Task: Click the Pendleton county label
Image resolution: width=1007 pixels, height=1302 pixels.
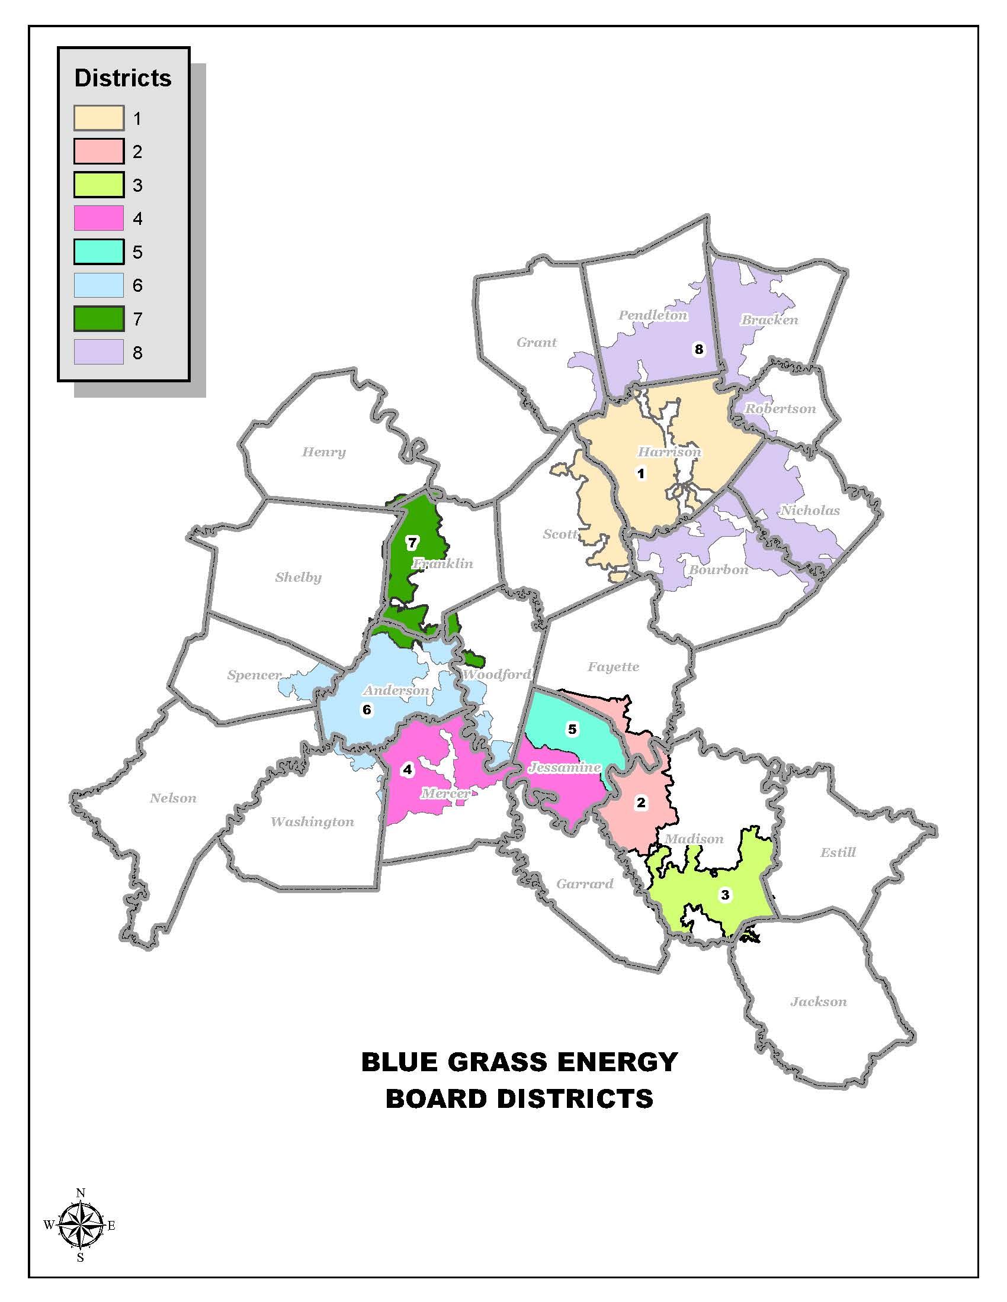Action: [653, 315]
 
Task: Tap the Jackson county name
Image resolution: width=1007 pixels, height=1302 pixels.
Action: [819, 1001]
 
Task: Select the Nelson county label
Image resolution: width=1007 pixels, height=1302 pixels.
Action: [173, 798]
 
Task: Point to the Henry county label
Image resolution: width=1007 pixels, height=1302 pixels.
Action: [323, 452]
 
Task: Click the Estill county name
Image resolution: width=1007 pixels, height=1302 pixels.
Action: [838, 852]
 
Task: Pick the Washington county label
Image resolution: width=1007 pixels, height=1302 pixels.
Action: [312, 821]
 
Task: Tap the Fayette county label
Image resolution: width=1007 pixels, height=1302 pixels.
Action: [613, 666]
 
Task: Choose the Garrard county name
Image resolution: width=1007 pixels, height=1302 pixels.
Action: [585, 884]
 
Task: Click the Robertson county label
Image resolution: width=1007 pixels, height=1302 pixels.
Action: [780, 409]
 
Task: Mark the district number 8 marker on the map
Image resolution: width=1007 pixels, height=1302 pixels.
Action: [698, 349]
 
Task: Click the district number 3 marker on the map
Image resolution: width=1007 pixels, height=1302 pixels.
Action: [725, 895]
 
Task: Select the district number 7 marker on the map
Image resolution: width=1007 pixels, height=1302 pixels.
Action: [412, 543]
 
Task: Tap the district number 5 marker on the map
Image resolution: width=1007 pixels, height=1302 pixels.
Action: [572, 729]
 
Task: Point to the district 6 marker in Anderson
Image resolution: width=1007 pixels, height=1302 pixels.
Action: [367, 710]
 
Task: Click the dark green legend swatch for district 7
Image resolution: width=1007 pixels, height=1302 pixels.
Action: [99, 319]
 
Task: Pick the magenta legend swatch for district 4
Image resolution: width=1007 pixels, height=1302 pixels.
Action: [99, 218]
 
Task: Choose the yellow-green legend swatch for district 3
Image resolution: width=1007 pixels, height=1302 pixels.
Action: [99, 185]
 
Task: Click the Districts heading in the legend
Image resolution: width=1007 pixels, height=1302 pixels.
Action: [123, 78]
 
